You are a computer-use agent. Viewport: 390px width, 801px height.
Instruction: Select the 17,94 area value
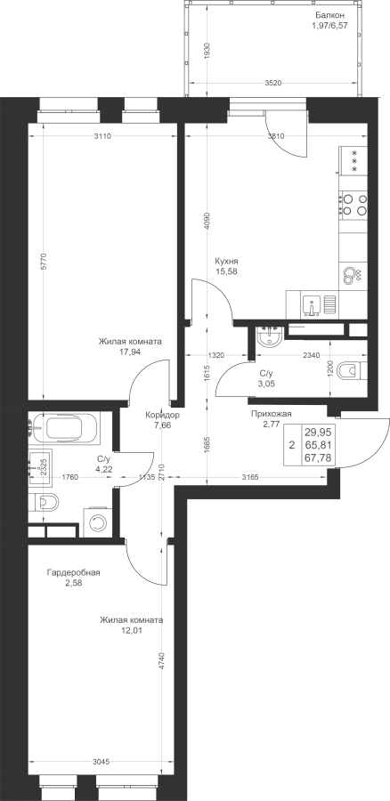(x=130, y=352)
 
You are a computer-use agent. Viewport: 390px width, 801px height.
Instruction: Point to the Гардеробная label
(x=73, y=572)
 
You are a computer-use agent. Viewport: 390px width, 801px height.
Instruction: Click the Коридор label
(x=161, y=416)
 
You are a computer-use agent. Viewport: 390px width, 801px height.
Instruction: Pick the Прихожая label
(x=271, y=414)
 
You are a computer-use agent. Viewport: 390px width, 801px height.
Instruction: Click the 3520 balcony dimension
(x=274, y=83)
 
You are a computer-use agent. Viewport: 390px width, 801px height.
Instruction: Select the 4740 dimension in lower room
(x=163, y=660)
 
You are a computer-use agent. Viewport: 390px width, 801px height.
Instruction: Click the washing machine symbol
(x=97, y=522)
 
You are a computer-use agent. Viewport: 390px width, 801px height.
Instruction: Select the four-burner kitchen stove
(x=353, y=204)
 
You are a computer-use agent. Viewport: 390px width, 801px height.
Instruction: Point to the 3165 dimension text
(x=251, y=478)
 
